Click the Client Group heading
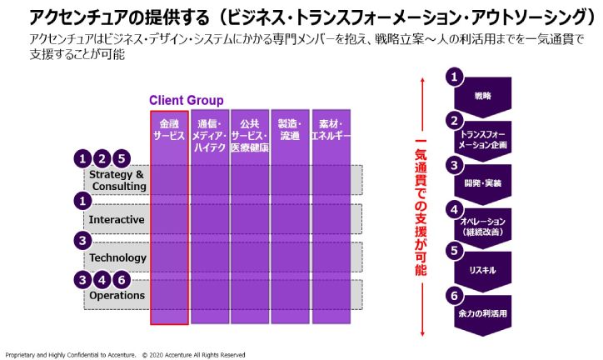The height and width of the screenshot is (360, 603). (x=186, y=100)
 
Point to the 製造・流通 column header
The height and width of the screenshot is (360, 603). (x=290, y=129)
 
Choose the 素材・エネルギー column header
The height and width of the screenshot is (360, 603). (x=330, y=129)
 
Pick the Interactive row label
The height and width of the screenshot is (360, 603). (x=117, y=219)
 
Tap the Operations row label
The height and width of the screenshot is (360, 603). (x=117, y=295)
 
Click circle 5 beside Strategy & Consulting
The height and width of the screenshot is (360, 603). (x=122, y=158)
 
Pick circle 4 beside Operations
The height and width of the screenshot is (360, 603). (x=102, y=280)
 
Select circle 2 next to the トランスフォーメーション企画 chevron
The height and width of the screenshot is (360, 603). (x=454, y=119)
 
